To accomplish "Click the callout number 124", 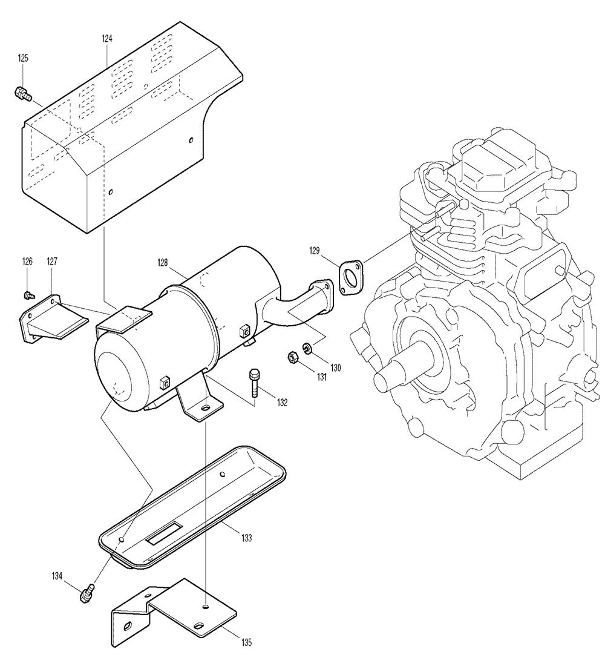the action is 107,39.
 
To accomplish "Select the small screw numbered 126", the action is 28,294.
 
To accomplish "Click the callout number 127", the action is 52,262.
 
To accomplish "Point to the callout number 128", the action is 163,263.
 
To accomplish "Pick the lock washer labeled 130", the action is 308,349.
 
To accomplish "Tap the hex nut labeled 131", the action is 292,358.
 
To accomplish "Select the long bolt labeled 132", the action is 253,383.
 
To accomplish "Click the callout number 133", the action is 246,538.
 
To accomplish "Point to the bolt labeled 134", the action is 87,593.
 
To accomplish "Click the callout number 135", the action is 246,642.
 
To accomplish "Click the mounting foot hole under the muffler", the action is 206,407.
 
